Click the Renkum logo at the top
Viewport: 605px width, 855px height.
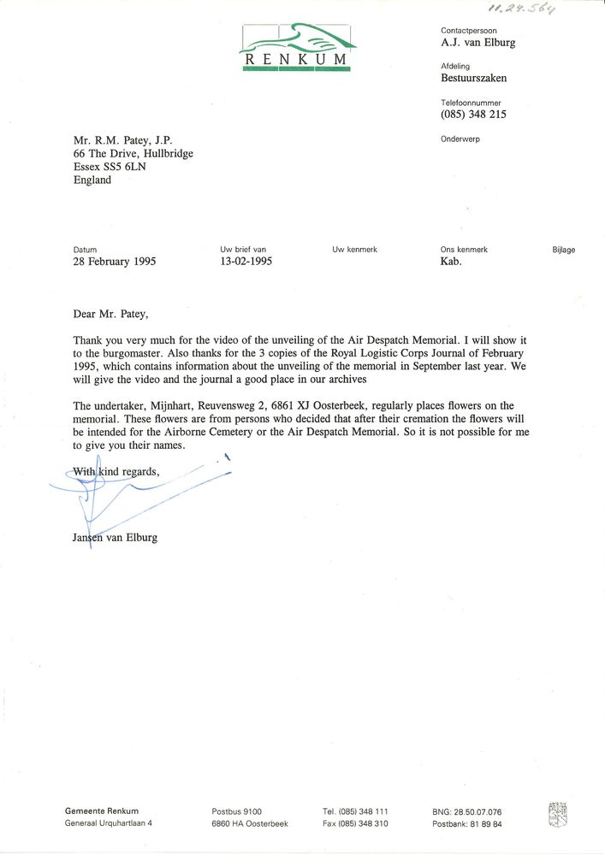(x=296, y=47)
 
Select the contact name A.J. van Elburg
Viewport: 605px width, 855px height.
(x=478, y=43)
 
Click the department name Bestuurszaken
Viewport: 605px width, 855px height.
(x=473, y=78)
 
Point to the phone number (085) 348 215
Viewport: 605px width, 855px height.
(x=473, y=115)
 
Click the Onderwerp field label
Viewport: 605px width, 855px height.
(x=460, y=139)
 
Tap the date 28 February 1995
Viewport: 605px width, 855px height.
(x=115, y=262)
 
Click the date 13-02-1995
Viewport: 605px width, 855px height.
(x=246, y=262)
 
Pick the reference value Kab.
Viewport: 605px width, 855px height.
(x=451, y=262)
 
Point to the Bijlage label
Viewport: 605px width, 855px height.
(x=564, y=250)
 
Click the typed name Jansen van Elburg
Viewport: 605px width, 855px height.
(x=116, y=538)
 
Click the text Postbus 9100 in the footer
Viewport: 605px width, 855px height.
(x=237, y=811)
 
